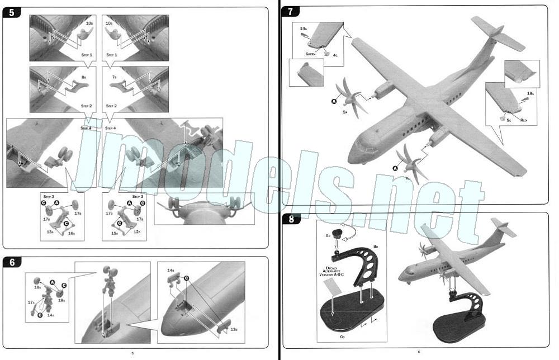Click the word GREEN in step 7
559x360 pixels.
click(x=311, y=54)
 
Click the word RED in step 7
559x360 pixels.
click(x=523, y=120)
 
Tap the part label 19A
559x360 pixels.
click(x=304, y=28)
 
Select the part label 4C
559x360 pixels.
click(x=335, y=55)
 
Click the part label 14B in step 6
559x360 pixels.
click(x=170, y=270)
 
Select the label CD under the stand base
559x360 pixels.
click(x=340, y=337)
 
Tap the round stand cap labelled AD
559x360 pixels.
click(x=337, y=234)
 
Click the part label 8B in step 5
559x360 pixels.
click(x=83, y=75)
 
